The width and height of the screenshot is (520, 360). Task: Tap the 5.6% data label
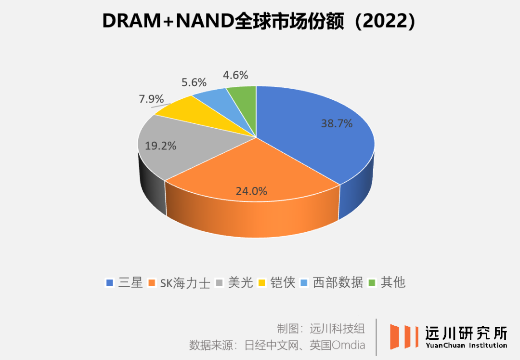point(194,82)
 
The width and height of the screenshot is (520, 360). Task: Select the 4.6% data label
point(235,75)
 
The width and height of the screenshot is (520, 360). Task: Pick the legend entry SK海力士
point(180,282)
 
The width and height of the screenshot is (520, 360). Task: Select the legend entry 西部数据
point(332,282)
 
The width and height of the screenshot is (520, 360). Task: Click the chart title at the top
point(260,22)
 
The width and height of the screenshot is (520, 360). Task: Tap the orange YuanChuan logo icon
point(403,336)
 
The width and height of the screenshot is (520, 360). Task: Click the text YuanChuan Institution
point(466,345)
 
